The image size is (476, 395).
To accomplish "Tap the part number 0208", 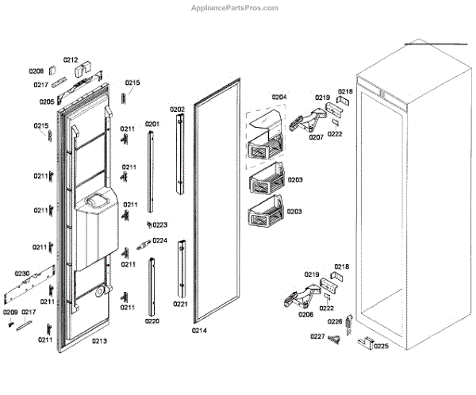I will (x=36, y=71).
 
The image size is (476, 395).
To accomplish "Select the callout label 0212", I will (x=71, y=59).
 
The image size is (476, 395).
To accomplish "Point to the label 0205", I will (x=46, y=102).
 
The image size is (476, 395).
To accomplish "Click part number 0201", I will (x=152, y=124).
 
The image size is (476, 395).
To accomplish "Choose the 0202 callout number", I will (x=177, y=109).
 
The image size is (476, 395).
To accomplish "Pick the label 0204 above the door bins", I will (x=278, y=97).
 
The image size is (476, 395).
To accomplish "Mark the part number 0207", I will (x=316, y=136).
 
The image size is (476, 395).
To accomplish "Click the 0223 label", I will (x=159, y=224).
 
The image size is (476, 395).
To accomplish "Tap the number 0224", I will (x=159, y=240).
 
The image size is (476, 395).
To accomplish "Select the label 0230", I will (x=21, y=274).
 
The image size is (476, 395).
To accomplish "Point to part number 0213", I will (x=98, y=341).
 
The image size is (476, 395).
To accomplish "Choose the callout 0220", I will (x=152, y=321).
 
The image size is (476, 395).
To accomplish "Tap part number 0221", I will (x=180, y=305).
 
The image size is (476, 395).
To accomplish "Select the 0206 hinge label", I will (x=305, y=314).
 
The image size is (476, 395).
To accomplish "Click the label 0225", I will (x=382, y=346).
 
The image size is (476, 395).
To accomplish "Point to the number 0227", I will (x=317, y=336).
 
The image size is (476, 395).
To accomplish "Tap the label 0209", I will (x=10, y=313).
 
